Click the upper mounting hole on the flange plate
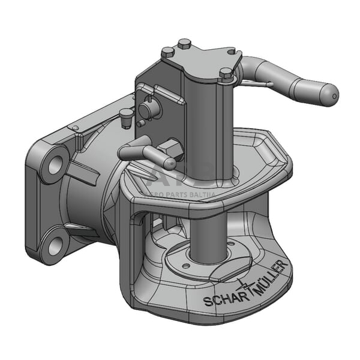(x=53, y=163)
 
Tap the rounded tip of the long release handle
(x=329, y=94)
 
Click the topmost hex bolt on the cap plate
(x=185, y=44)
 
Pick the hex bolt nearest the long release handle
(x=225, y=74)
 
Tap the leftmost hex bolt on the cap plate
(x=167, y=53)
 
